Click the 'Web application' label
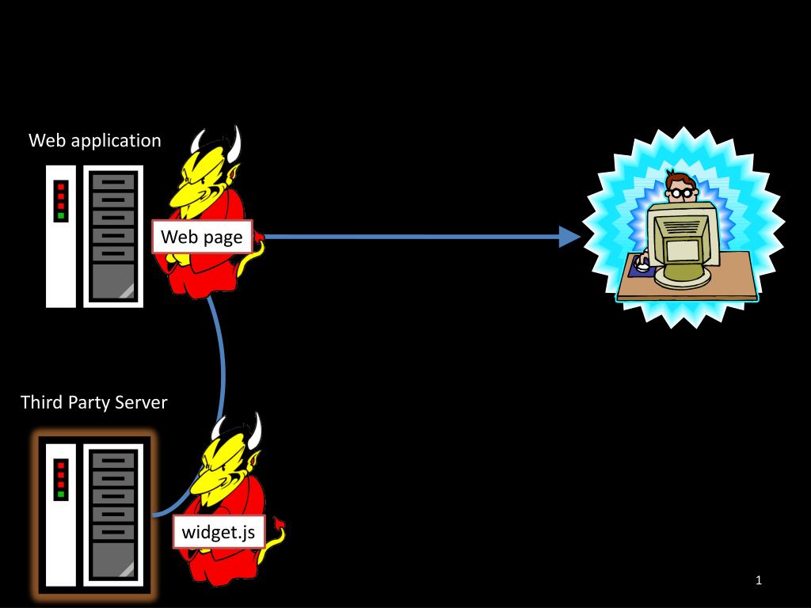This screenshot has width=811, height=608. point(95,141)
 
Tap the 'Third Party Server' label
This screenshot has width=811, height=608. point(93,402)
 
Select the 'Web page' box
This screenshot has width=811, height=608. point(202,237)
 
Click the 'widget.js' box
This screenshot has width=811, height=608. point(219,531)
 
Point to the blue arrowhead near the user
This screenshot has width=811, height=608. point(570,237)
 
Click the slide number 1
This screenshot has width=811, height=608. point(758,580)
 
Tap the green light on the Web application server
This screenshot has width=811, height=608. point(61,215)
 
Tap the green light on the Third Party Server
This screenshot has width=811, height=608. point(61,494)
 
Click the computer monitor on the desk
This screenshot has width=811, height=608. point(682,244)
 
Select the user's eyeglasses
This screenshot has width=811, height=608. point(682,193)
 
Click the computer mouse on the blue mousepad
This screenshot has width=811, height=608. point(643,266)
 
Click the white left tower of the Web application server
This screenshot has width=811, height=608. point(60,236)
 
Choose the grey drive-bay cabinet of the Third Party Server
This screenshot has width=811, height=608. point(113,515)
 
